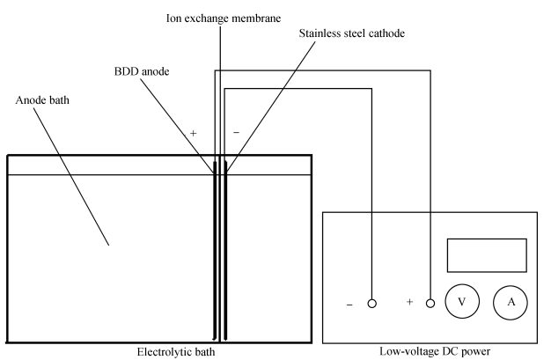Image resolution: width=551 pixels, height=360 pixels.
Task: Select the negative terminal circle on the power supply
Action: click(372, 304)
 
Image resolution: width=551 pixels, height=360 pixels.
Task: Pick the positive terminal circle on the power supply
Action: click(430, 304)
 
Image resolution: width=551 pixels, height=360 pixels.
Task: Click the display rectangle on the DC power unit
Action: click(487, 255)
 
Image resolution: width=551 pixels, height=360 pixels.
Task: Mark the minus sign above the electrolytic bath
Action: click(236, 132)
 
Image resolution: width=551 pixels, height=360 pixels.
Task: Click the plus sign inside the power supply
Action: click(409, 303)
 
